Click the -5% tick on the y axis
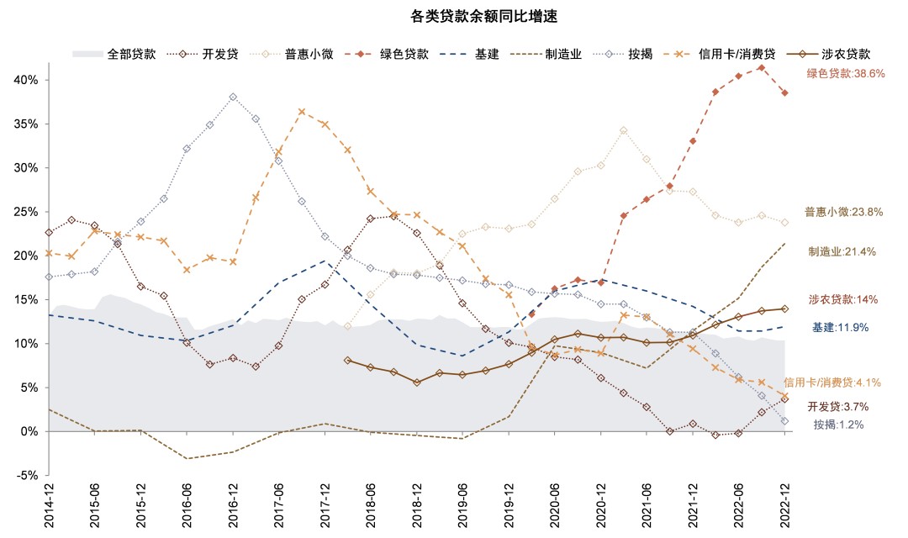pyautogui.click(x=27, y=475)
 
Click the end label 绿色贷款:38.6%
pyautogui.click(x=846, y=74)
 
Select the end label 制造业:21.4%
pyautogui.click(x=842, y=251)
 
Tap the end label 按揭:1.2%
pyautogui.click(x=838, y=425)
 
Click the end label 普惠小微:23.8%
pyautogui.click(x=844, y=212)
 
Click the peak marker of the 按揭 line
pyautogui.click(x=233, y=97)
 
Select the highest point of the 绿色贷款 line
pyautogui.click(x=761, y=67)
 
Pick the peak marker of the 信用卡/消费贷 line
pyautogui.click(x=302, y=112)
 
